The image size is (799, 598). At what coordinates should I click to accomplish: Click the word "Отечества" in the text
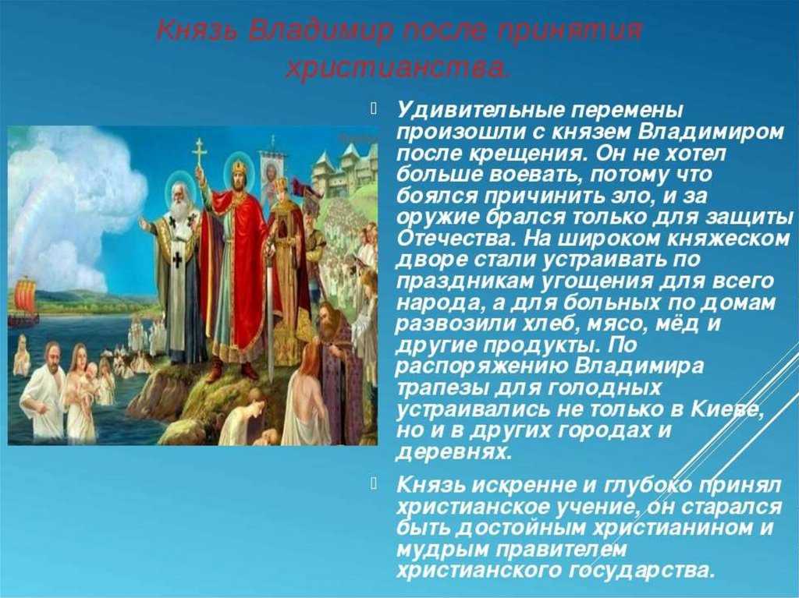click(455, 239)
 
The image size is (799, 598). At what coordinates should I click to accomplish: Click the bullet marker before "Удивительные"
click(374, 108)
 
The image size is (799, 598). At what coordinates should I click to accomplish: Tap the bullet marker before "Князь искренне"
click(374, 483)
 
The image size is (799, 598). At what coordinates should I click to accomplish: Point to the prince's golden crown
click(239, 167)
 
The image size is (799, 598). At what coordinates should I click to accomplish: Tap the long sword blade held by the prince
click(270, 316)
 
